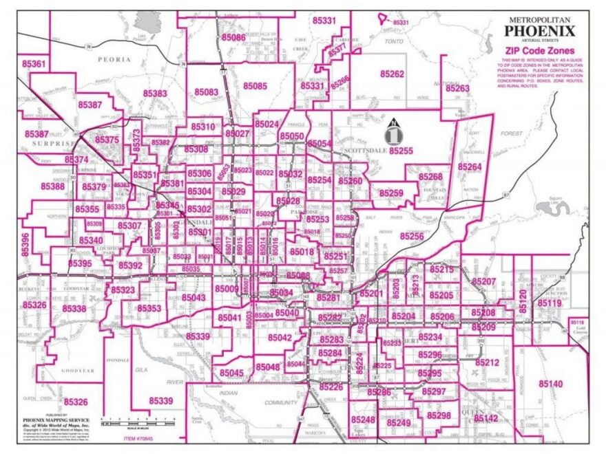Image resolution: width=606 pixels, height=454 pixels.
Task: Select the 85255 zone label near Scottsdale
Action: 400,150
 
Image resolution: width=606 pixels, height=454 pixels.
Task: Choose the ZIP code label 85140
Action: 551,383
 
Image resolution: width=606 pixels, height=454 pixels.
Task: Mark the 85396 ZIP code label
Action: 25,241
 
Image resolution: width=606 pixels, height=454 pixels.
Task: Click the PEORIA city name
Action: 114,60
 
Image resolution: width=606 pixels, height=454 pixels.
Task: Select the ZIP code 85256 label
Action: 411,236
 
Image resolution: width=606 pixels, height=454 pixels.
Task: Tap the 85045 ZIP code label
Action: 231,372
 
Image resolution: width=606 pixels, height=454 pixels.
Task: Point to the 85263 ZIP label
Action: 457,89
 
